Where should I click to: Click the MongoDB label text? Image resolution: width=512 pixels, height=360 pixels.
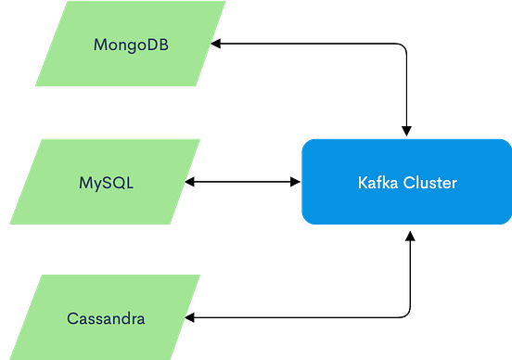(x=131, y=45)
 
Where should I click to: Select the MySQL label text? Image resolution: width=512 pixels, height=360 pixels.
(x=106, y=182)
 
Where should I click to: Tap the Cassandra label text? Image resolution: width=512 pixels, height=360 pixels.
(x=106, y=318)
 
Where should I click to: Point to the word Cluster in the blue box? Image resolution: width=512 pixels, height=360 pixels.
(x=431, y=183)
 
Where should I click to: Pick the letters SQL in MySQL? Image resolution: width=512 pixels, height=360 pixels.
(x=118, y=182)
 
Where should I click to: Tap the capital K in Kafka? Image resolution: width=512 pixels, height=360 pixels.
(x=363, y=183)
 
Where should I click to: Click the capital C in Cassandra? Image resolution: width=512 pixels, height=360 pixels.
(x=72, y=318)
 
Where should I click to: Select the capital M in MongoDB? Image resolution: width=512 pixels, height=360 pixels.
(x=100, y=45)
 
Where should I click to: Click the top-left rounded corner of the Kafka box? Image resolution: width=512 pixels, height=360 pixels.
(x=303, y=140)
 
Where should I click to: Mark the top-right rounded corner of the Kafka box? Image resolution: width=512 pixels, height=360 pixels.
(x=507, y=140)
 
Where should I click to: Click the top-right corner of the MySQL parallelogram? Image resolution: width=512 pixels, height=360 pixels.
(x=203, y=137)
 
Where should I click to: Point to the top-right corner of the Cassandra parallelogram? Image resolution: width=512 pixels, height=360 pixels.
(x=203, y=274)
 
